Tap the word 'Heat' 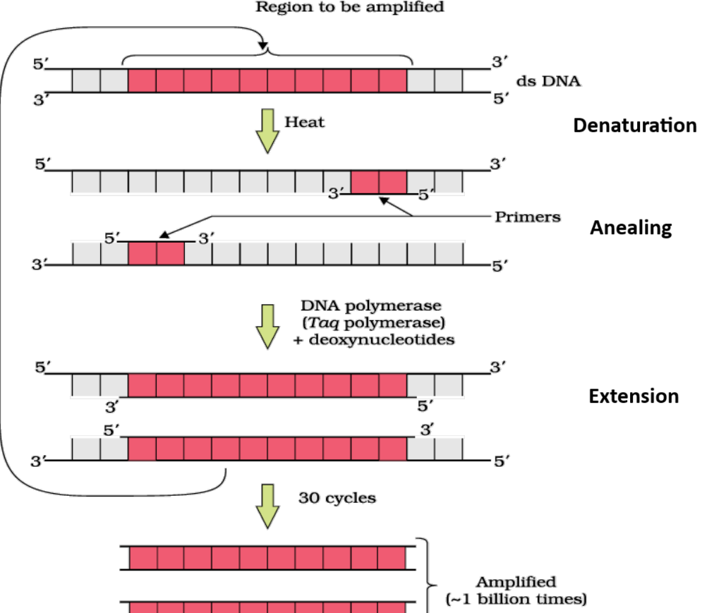click(304, 122)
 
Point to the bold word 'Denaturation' click(634, 126)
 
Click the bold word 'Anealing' click(630, 229)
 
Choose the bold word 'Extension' click(634, 396)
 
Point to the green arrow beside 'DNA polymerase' click(267, 327)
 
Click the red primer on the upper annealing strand click(379, 181)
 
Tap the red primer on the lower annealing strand click(156, 253)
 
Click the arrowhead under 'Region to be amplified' click(263, 45)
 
